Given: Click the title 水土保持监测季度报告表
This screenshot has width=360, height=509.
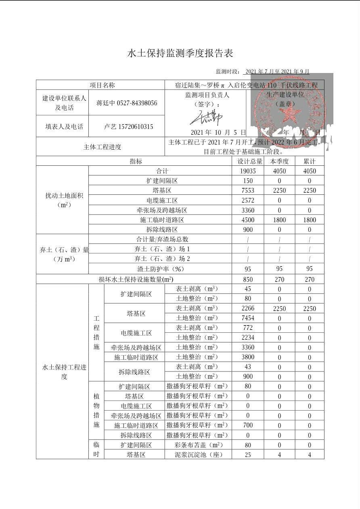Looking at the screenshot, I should click(180, 53).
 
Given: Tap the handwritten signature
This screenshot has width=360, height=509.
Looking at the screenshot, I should click(206, 117).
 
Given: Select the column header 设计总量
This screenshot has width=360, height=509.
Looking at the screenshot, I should click(248, 161).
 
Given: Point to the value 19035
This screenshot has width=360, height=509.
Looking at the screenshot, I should click(248, 171).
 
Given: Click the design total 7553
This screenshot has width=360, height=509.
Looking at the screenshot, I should click(248, 190).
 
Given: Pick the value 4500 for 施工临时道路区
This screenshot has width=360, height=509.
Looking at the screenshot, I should click(248, 220).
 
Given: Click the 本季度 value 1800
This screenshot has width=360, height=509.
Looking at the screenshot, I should click(279, 220).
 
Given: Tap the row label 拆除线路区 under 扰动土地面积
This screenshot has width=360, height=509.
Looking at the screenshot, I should click(162, 229).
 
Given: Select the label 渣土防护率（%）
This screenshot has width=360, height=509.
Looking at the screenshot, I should click(160, 269).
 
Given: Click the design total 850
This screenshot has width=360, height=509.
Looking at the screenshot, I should click(248, 280).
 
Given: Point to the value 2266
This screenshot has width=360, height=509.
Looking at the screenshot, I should click(248, 309).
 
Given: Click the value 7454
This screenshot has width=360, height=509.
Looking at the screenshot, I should click(248, 318).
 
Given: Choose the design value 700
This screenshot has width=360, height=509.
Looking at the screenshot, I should click(248, 425).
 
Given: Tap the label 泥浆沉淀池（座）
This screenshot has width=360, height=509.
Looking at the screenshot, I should click(198, 455).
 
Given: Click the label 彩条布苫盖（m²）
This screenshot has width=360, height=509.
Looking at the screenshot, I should click(198, 445).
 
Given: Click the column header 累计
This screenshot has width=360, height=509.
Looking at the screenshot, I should click(310, 161).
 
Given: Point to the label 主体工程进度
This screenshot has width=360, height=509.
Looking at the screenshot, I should click(102, 147).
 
